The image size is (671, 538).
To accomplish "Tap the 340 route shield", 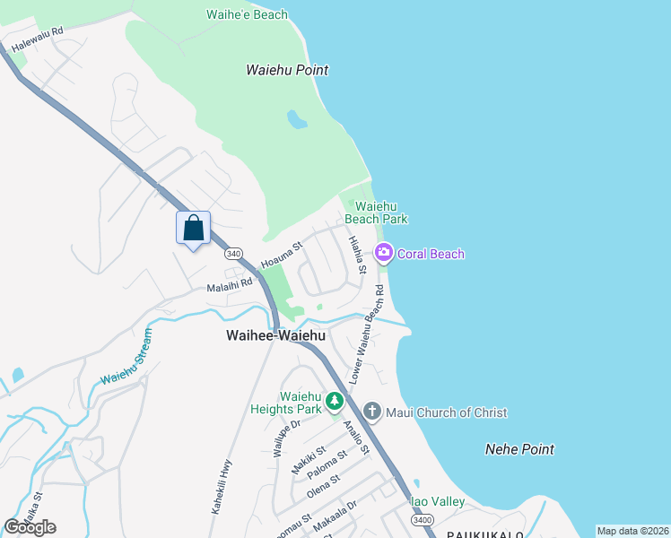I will pos(234,255).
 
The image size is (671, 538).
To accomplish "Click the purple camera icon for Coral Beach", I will pos(385,254).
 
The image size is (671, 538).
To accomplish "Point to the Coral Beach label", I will pos(431,254).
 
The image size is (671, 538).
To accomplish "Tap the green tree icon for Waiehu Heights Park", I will pos(335,401).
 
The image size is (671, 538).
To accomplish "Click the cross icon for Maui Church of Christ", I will pos(373,412).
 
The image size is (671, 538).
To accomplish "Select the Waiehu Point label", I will pos(287,70).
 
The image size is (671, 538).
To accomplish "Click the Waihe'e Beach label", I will pos(247,14).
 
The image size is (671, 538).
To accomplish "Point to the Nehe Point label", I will pos(519,449).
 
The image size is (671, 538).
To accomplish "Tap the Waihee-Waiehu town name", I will pos(274,335).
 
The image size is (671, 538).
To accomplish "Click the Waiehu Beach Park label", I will pos(377,213).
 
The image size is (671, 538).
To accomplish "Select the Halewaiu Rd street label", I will pos(38,36).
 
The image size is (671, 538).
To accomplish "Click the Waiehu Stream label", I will pos(126,357).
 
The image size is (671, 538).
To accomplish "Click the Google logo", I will pos(30,527).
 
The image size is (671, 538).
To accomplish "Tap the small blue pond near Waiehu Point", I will pos(296,119).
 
